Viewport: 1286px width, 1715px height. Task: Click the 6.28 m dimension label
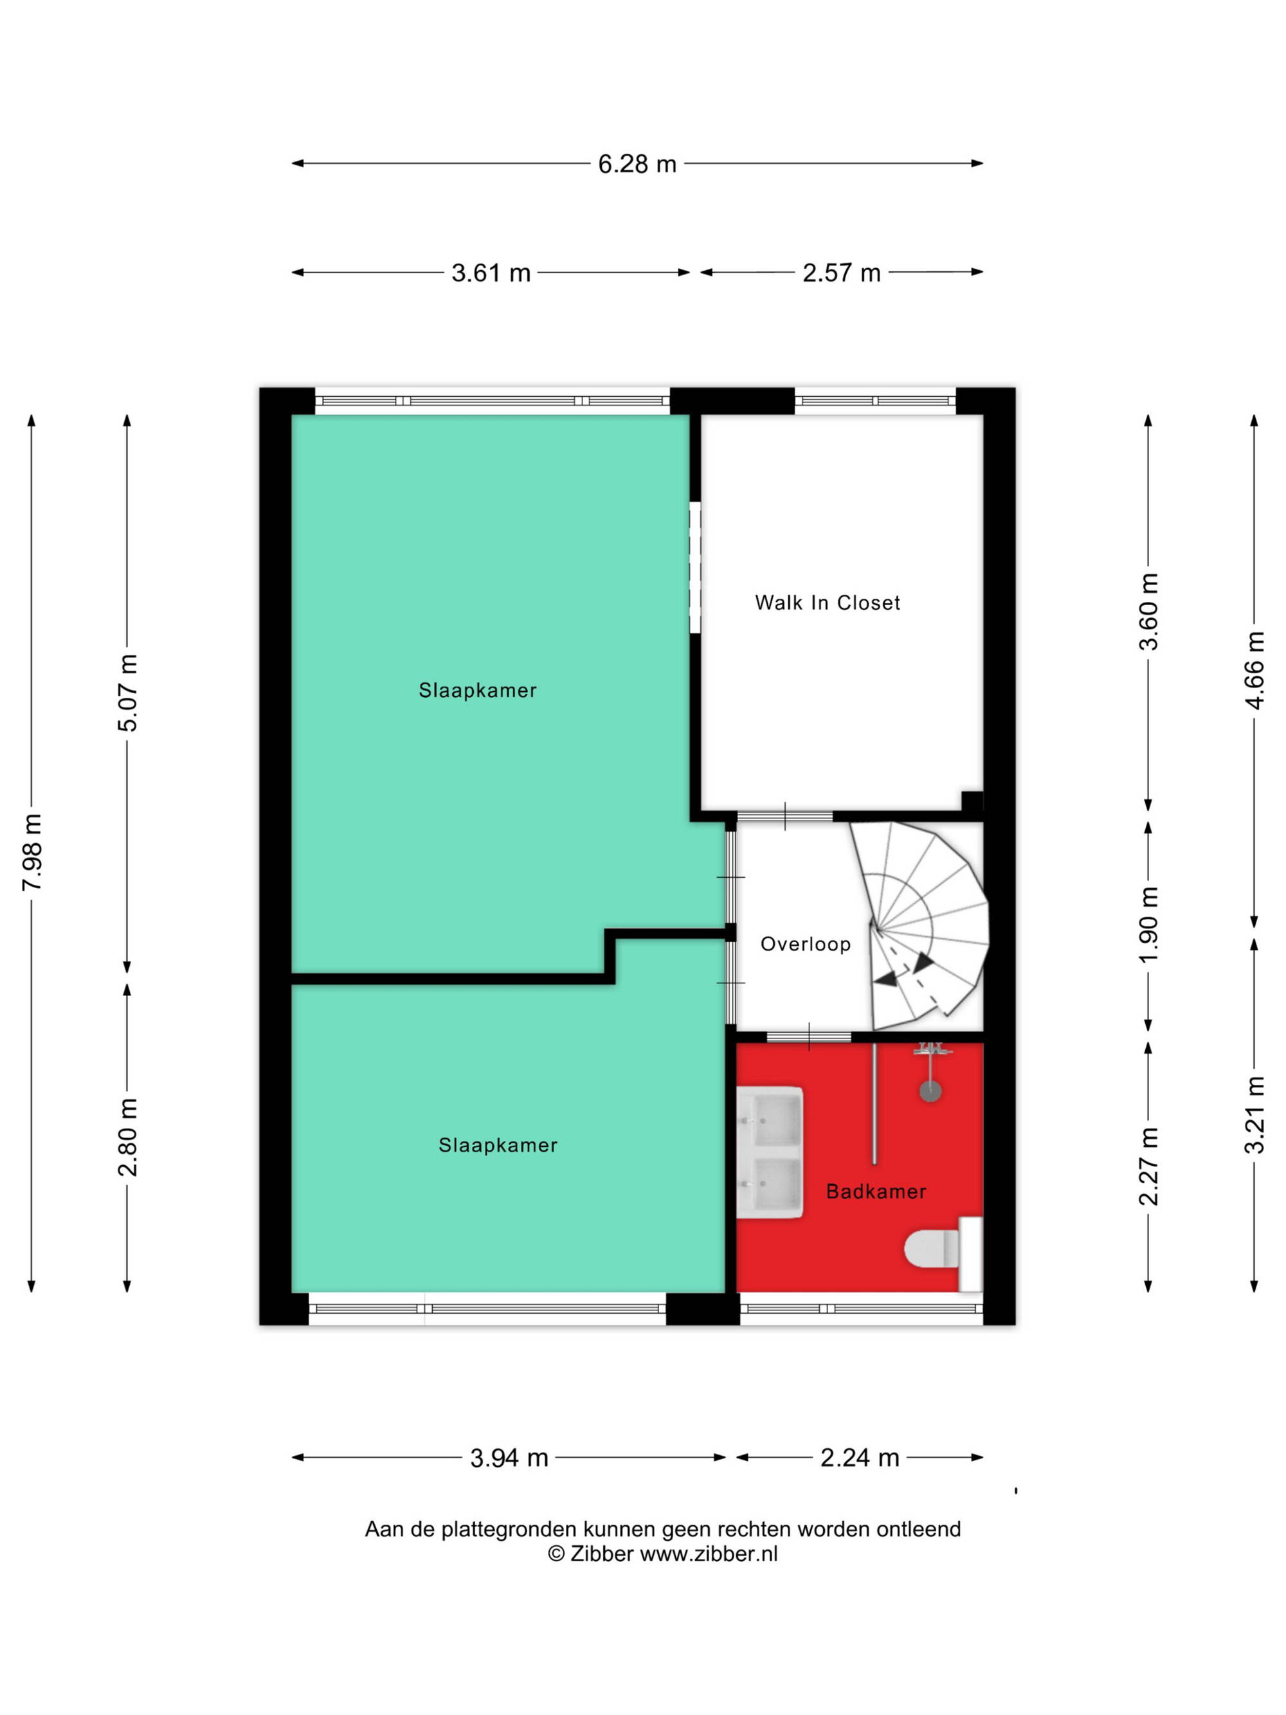tap(637, 165)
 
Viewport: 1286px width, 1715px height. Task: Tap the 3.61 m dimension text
tap(491, 273)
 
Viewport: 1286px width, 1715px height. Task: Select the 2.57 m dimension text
tap(841, 273)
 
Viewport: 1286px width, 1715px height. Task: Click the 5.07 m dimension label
tap(128, 693)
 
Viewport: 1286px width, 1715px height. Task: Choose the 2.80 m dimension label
tap(128, 1137)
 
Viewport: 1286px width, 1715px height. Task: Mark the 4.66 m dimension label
tap(1254, 670)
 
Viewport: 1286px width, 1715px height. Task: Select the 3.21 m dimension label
tap(1254, 1115)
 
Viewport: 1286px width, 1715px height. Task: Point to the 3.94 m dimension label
tap(509, 1458)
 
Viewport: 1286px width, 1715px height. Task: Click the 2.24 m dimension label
tap(860, 1458)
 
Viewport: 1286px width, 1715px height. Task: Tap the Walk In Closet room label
tap(827, 603)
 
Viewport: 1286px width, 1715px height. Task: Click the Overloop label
tap(806, 943)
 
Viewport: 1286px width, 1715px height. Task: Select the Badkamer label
tap(876, 1191)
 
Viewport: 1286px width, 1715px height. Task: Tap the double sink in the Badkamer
tap(769, 1152)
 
